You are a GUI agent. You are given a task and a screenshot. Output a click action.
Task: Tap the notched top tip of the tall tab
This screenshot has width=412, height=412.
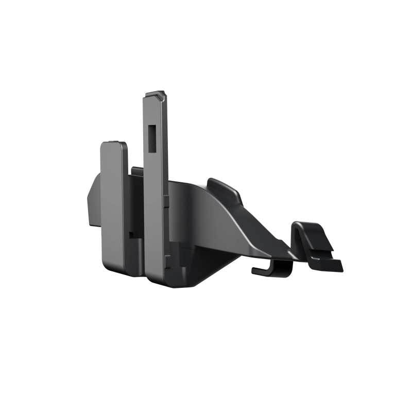click(157, 94)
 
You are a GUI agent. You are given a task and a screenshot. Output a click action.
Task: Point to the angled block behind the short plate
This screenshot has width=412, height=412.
click(93, 201)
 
